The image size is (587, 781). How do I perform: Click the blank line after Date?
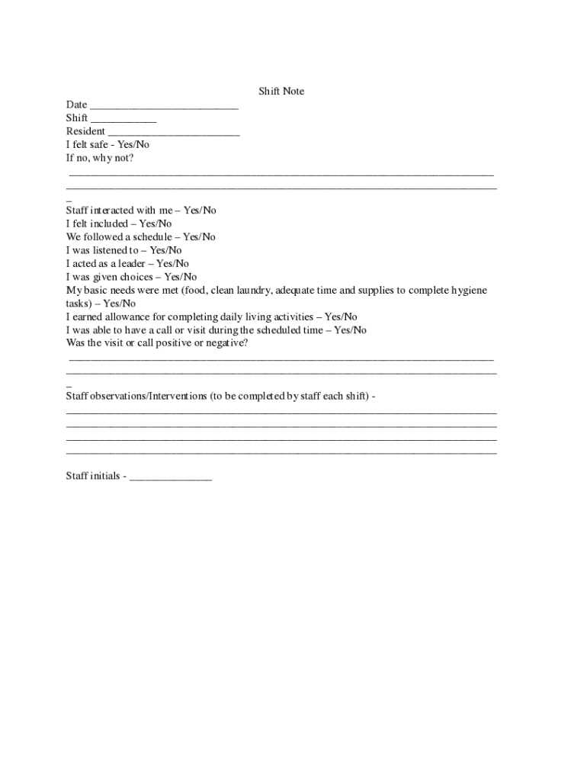(164, 106)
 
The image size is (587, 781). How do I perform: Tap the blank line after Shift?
(123, 119)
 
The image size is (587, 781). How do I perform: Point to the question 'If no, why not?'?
(100, 159)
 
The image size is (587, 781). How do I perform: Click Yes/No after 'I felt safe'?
(133, 145)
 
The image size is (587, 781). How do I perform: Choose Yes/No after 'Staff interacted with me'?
(200, 211)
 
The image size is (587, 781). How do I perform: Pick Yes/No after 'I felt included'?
(155, 224)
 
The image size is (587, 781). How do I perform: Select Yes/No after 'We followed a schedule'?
(199, 237)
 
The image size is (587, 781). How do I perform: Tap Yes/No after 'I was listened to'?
(165, 250)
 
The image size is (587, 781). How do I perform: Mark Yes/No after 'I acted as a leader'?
(172, 264)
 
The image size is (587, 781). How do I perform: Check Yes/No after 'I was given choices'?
(180, 277)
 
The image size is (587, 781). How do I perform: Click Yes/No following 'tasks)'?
(120, 304)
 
